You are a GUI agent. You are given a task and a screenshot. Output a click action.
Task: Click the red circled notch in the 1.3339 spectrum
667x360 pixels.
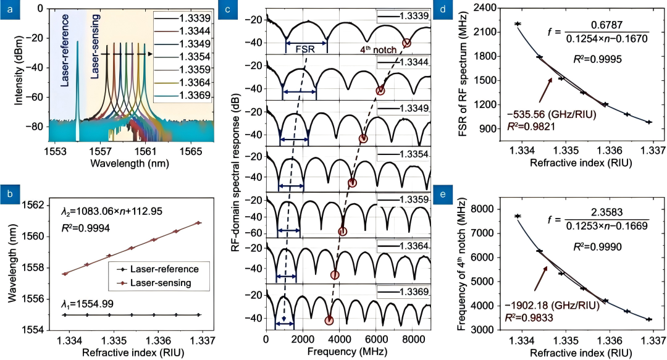tap(406, 43)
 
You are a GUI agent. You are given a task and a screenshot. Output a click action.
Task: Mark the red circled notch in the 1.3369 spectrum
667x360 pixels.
tap(329, 320)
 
